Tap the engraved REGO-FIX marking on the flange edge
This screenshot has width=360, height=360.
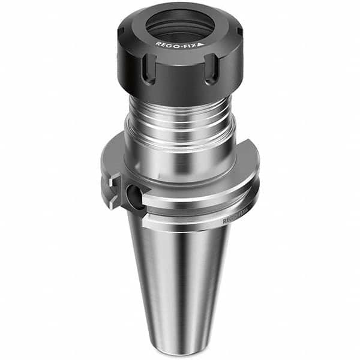pos(236,220)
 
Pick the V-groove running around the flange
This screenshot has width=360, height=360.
pos(198,207)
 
